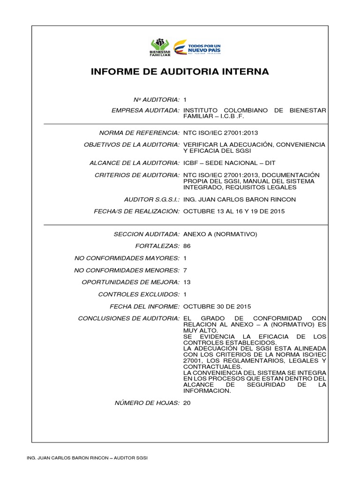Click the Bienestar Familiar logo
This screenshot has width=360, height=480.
point(160,47)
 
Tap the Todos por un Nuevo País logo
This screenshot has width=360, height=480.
point(197,47)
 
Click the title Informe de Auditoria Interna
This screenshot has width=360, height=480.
point(180,72)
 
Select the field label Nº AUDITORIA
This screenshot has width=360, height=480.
point(157,100)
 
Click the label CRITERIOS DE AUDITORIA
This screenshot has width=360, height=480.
point(136,175)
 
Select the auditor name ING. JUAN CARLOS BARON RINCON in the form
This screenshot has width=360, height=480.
point(239,199)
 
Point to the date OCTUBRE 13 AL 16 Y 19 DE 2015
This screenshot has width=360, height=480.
point(234,211)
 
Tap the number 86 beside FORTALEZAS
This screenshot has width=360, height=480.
point(187,246)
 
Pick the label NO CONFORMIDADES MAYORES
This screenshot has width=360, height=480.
point(127,258)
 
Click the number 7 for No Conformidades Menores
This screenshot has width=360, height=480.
point(185,270)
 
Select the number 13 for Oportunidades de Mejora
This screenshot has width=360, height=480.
point(187,282)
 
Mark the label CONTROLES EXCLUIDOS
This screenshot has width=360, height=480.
point(139,294)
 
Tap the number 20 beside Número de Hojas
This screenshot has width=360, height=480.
point(187,403)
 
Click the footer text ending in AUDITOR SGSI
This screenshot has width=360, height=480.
point(88,457)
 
